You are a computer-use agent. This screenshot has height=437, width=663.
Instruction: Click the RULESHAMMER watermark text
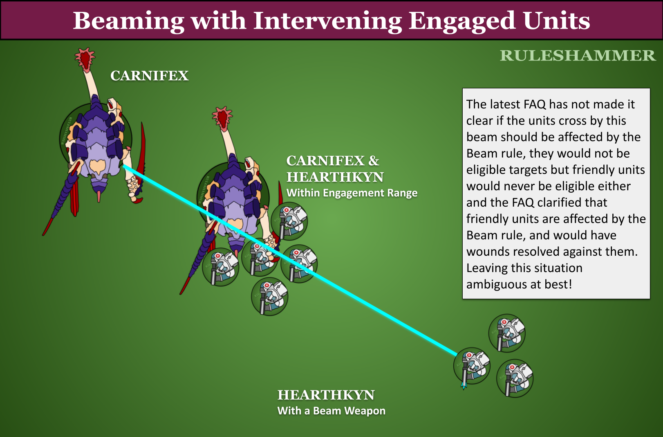click(x=577, y=56)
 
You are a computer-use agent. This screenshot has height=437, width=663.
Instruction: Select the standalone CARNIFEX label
click(x=149, y=76)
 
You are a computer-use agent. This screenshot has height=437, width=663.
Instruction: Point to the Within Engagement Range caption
click(x=352, y=193)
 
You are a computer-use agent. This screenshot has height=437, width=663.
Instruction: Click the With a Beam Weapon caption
click(x=331, y=411)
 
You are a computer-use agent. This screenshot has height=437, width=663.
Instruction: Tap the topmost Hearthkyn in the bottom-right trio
click(x=507, y=333)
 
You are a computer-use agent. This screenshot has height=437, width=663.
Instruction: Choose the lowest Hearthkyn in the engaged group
click(x=269, y=297)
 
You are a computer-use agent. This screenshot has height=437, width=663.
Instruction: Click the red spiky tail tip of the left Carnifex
click(x=85, y=58)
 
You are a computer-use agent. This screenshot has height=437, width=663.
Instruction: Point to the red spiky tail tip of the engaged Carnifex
click(x=222, y=117)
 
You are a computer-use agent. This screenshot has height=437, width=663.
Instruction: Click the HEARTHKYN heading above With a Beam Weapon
click(x=326, y=395)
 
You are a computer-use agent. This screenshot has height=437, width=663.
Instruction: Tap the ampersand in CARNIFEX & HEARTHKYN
click(x=374, y=161)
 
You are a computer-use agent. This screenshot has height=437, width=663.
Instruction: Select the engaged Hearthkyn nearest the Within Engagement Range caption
click(x=289, y=221)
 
